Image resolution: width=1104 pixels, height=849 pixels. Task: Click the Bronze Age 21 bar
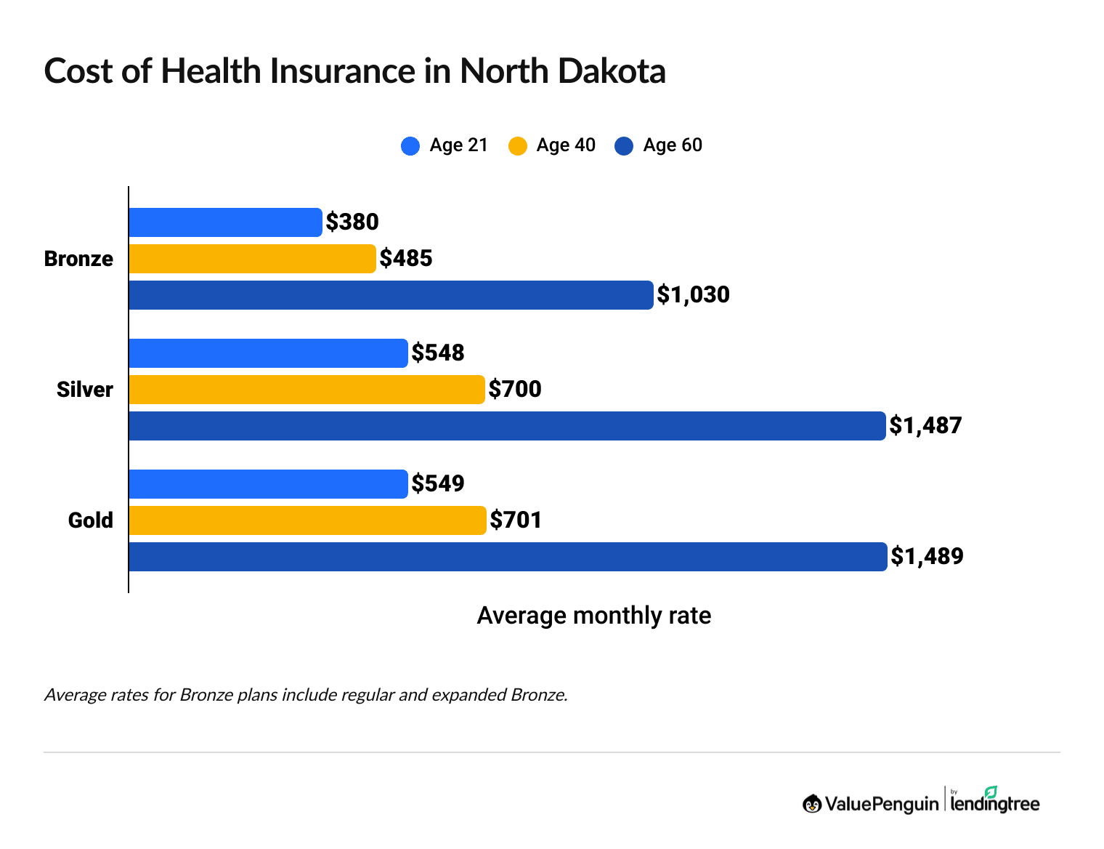[225, 222]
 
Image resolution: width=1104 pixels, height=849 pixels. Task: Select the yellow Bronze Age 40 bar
[252, 259]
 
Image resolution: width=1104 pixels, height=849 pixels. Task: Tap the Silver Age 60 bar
[507, 426]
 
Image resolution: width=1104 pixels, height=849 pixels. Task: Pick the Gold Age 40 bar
[307, 520]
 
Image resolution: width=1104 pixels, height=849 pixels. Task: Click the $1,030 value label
[693, 295]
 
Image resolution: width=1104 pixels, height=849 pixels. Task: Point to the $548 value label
[438, 353]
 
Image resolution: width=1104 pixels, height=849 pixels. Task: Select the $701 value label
[516, 520]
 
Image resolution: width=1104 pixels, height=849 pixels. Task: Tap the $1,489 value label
[927, 557]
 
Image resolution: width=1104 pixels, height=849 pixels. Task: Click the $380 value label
[352, 222]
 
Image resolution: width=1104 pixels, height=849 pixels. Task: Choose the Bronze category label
[78, 259]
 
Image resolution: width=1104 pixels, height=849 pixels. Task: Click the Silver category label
[85, 390]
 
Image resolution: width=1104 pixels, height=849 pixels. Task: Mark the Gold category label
[91, 520]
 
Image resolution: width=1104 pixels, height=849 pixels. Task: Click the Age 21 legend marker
[410, 146]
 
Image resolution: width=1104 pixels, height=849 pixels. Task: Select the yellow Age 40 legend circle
[517, 146]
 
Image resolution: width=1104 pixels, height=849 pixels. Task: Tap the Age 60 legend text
[673, 145]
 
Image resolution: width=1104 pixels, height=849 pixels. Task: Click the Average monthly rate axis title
[593, 616]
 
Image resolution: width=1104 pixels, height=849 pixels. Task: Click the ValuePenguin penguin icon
[812, 804]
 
